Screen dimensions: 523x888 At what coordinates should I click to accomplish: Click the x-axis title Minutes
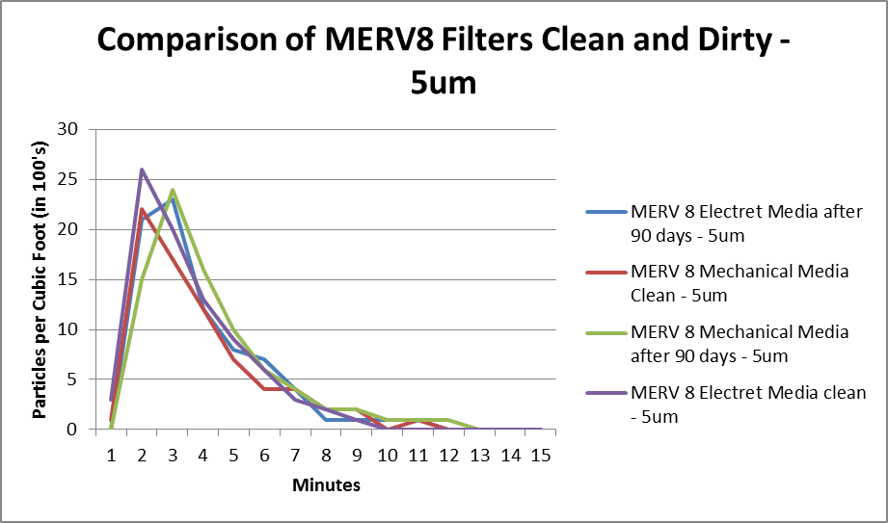[326, 485]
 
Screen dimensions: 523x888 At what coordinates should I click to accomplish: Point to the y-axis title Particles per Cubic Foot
[41, 279]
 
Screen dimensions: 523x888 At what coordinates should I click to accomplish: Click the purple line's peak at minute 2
[142, 170]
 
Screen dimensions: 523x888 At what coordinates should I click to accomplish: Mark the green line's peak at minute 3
[173, 190]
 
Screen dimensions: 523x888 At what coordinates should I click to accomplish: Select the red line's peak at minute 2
[142, 209]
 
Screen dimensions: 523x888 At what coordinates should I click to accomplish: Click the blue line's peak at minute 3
[173, 199]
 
